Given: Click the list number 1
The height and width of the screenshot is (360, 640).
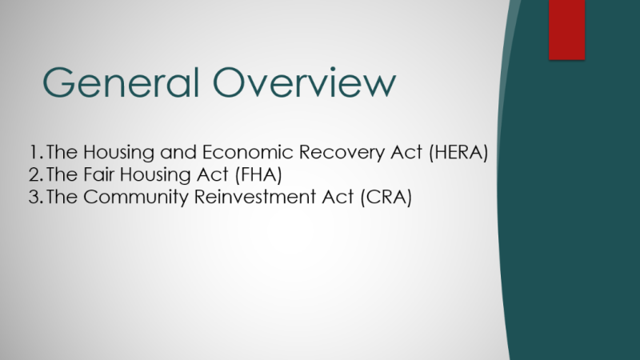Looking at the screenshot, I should tap(33, 152).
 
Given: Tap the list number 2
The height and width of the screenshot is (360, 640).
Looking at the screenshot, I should tap(34, 175).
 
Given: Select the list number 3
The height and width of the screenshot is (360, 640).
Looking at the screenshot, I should tap(34, 198).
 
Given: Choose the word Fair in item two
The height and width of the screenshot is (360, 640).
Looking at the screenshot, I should tap(94, 175).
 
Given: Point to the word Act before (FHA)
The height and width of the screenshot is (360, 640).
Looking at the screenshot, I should tap(204, 175).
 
